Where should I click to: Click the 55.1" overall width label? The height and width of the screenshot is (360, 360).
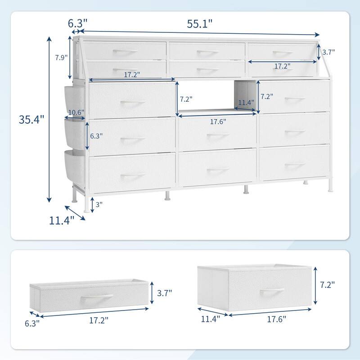coord(200,25)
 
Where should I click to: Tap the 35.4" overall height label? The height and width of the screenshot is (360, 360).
coord(31,120)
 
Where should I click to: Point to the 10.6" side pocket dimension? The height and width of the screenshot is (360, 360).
coord(76,112)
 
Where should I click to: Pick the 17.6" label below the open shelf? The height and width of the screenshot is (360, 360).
coord(218,121)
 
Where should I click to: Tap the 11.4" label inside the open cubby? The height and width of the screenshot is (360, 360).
coord(245,103)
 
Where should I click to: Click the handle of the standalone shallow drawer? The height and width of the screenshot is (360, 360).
coord(96,299)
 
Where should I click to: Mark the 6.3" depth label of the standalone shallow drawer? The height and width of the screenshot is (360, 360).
coord(32,322)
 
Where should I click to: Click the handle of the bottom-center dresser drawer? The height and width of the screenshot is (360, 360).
coord(218,170)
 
